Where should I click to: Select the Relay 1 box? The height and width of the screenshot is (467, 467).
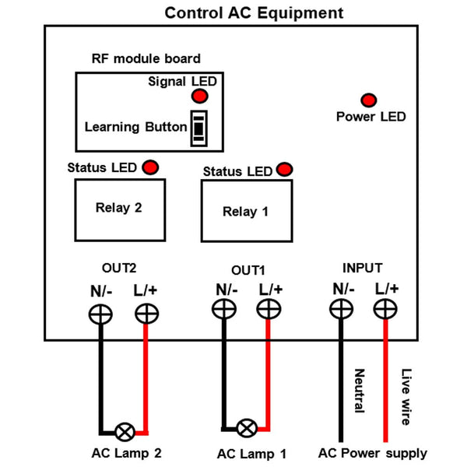tap(245, 210)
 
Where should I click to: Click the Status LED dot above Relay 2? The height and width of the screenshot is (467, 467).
tap(148, 167)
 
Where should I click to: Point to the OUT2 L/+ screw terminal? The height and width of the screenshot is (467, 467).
tap(146, 314)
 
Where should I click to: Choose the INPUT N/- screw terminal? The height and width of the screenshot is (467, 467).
tap(341, 309)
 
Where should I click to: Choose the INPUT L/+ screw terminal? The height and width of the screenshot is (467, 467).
tap(384, 309)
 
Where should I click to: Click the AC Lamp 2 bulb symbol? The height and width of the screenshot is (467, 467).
tap(124, 430)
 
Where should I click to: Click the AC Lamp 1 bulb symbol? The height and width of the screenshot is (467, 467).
tap(247, 427)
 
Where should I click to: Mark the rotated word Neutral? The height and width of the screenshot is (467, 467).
tap(359, 392)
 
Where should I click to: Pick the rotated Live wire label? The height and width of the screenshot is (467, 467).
tap(405, 396)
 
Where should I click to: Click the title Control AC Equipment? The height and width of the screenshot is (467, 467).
tap(254, 14)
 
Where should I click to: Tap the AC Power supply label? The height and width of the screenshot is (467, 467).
tap(373, 453)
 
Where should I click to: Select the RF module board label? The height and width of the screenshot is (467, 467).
tap(146, 58)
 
